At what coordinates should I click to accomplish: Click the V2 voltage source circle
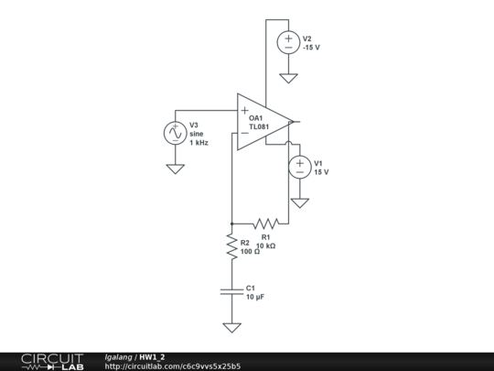[x=288, y=42]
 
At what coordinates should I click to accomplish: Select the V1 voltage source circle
[x=299, y=167]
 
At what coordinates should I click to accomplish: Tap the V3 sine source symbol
[x=175, y=133]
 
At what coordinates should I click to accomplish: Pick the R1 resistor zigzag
[x=266, y=223]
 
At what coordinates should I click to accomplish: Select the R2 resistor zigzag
[x=232, y=247]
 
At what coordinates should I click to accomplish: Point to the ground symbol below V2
[x=288, y=78]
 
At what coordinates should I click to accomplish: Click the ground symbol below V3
[x=175, y=169]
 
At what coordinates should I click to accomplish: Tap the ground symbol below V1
[x=299, y=202]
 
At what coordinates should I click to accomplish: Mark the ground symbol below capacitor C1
[x=232, y=327]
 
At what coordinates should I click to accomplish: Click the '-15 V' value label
[x=312, y=47]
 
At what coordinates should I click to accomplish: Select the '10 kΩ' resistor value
[x=265, y=246]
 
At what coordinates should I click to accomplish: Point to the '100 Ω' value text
[x=251, y=251]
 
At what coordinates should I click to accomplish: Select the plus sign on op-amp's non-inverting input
[x=244, y=110]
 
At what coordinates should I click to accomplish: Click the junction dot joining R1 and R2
[x=232, y=223]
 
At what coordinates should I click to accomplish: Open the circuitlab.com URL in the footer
[x=173, y=366]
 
